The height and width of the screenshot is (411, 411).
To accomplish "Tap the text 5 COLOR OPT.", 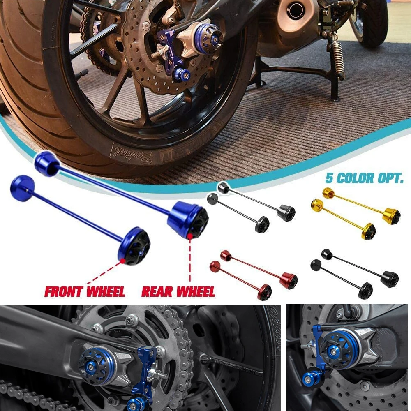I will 364,178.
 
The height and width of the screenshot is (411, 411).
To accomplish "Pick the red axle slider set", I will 253,274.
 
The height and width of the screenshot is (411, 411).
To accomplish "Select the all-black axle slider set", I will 354,272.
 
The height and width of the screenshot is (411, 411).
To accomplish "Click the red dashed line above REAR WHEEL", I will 190,259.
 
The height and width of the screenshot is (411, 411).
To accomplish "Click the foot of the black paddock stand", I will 335,97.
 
